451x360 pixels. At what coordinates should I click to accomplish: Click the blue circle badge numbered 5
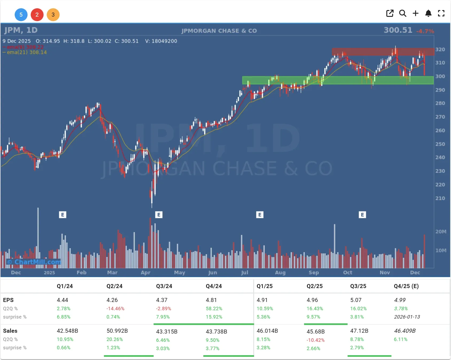coord(21,15)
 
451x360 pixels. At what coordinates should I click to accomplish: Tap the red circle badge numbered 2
coord(37,15)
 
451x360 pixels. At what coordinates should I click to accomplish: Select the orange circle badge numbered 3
coord(53,15)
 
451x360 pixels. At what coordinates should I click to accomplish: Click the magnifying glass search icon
coord(403,13)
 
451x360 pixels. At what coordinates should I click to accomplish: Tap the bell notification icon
coord(428,13)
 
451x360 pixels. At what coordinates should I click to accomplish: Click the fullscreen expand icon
coord(441,13)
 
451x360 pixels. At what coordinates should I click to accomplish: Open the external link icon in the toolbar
coord(390,13)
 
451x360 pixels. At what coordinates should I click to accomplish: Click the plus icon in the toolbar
coord(415,13)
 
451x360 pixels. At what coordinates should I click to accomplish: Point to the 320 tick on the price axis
coord(440,49)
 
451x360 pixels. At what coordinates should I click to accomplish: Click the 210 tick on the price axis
coord(440,198)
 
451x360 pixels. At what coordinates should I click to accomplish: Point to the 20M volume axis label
coord(441,232)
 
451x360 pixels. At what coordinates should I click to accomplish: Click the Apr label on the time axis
coord(146,273)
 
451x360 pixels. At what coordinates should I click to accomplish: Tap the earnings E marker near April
coord(159,215)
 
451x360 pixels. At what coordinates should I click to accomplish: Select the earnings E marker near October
coord(362,215)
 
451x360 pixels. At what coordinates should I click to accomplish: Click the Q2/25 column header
coord(314,286)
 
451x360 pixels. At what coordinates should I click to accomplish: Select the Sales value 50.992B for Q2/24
coord(117,331)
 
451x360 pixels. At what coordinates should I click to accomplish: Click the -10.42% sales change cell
coord(316,340)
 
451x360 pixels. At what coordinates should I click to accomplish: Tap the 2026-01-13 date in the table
coord(407,317)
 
